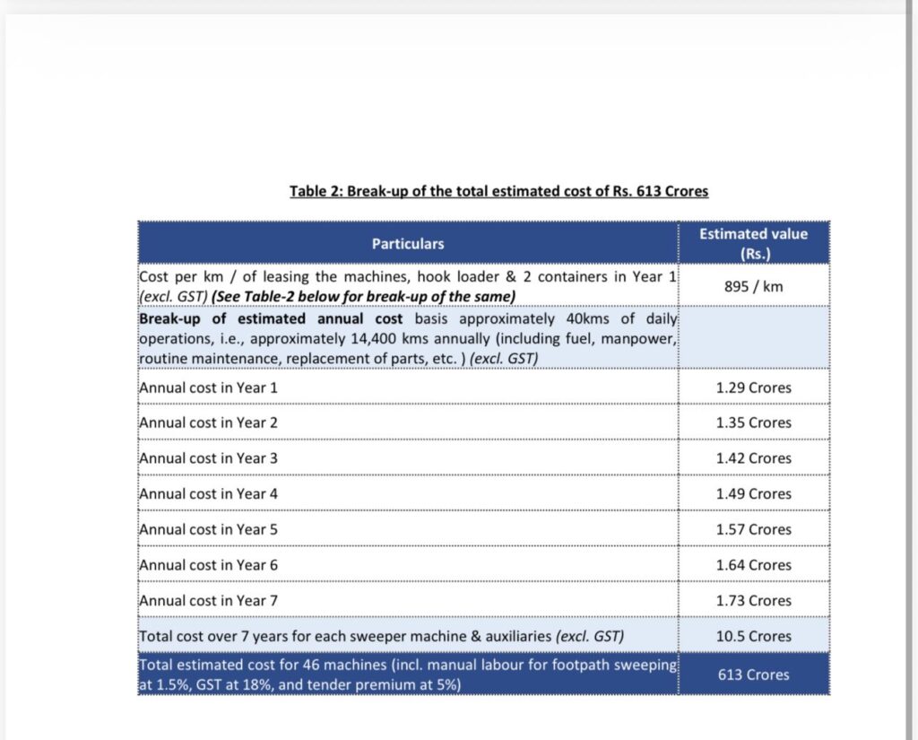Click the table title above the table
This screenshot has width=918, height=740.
click(x=498, y=191)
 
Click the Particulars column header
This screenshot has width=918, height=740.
click(x=408, y=243)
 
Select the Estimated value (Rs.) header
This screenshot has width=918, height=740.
click(x=753, y=243)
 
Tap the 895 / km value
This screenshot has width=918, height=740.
click(x=753, y=286)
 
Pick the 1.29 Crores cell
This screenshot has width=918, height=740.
click(x=753, y=387)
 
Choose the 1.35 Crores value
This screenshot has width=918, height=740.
click(x=753, y=422)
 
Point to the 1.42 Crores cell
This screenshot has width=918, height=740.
click(x=753, y=458)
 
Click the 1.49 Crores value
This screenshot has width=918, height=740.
click(x=753, y=494)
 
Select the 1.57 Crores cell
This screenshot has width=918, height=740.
click(x=753, y=529)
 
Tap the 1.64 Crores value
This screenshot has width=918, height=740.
click(x=753, y=565)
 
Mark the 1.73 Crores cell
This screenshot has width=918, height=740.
click(x=753, y=601)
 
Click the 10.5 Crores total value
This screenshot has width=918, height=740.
click(x=753, y=636)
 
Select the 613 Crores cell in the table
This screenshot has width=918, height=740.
click(x=753, y=675)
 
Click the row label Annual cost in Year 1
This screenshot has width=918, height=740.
click(x=209, y=387)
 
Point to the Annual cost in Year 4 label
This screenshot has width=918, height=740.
click(x=209, y=494)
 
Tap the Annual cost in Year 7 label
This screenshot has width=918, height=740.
click(x=209, y=601)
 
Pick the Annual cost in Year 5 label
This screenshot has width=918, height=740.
click(x=209, y=529)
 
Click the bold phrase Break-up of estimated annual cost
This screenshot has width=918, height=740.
click(x=271, y=319)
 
